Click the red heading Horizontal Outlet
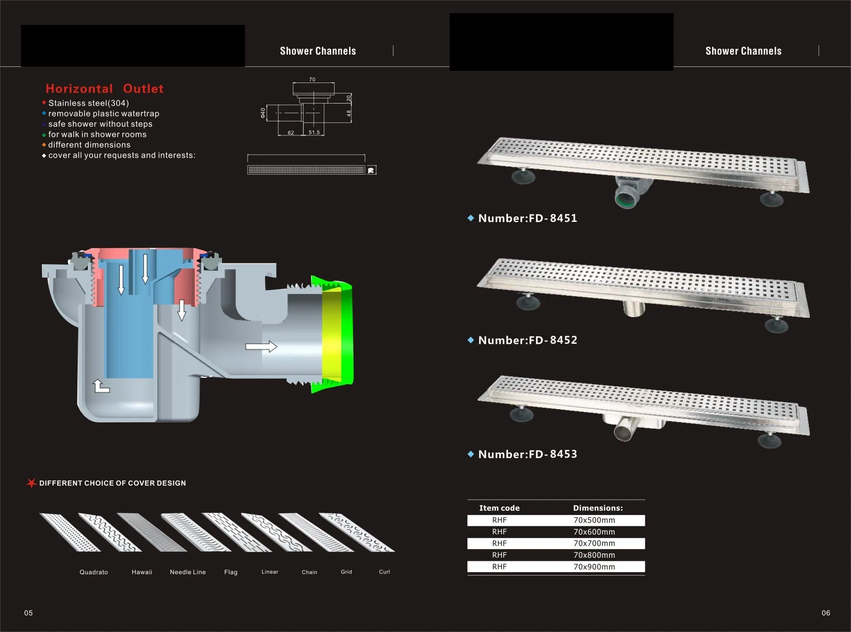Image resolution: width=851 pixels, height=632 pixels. [x=104, y=89]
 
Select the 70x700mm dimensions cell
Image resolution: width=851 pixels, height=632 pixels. [x=594, y=543]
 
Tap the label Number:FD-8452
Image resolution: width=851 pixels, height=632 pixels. [x=527, y=340]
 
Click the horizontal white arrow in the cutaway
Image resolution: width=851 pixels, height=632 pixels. [x=261, y=347]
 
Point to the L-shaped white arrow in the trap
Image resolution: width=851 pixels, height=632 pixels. [x=101, y=386]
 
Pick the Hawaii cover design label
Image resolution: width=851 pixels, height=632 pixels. [x=142, y=572]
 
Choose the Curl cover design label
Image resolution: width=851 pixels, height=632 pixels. [x=384, y=572]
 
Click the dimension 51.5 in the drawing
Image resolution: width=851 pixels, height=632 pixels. [x=314, y=132]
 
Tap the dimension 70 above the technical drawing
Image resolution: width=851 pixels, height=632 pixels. [x=312, y=79]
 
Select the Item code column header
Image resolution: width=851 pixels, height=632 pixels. [x=499, y=508]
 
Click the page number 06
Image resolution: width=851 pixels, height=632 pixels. [x=825, y=613]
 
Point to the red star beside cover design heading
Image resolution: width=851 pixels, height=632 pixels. [x=31, y=483]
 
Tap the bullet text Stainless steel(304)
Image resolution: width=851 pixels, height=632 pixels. [x=88, y=103]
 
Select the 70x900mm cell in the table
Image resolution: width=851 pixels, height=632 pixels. [x=594, y=567]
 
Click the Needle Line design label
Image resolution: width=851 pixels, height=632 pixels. [x=187, y=572]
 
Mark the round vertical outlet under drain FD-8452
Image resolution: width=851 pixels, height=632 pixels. [x=633, y=308]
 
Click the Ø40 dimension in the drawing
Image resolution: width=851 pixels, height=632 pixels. [x=263, y=113]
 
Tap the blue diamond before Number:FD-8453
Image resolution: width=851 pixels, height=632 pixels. [x=470, y=454]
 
